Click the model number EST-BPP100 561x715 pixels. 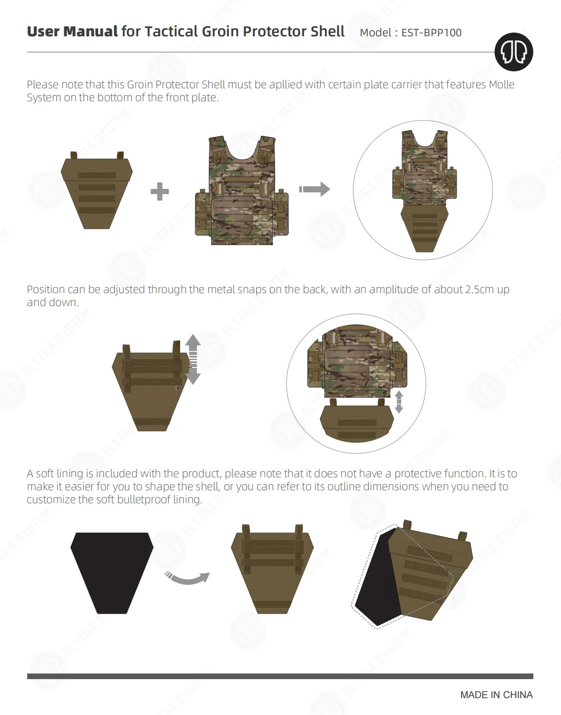point(431,32)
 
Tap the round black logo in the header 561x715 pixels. point(513,52)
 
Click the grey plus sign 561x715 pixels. point(160,191)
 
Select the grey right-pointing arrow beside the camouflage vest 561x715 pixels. point(314,189)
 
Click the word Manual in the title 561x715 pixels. point(90,32)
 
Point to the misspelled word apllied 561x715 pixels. point(285,85)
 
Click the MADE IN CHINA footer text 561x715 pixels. point(496,695)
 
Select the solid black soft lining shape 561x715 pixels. point(112,573)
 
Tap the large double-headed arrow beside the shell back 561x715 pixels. point(193,359)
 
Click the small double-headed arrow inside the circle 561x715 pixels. point(399,402)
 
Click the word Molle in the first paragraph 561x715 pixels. point(501,85)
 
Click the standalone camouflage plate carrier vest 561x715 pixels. point(242,190)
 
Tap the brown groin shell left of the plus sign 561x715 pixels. point(97,190)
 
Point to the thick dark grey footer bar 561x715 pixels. point(280,676)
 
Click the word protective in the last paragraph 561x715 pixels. point(418,473)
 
